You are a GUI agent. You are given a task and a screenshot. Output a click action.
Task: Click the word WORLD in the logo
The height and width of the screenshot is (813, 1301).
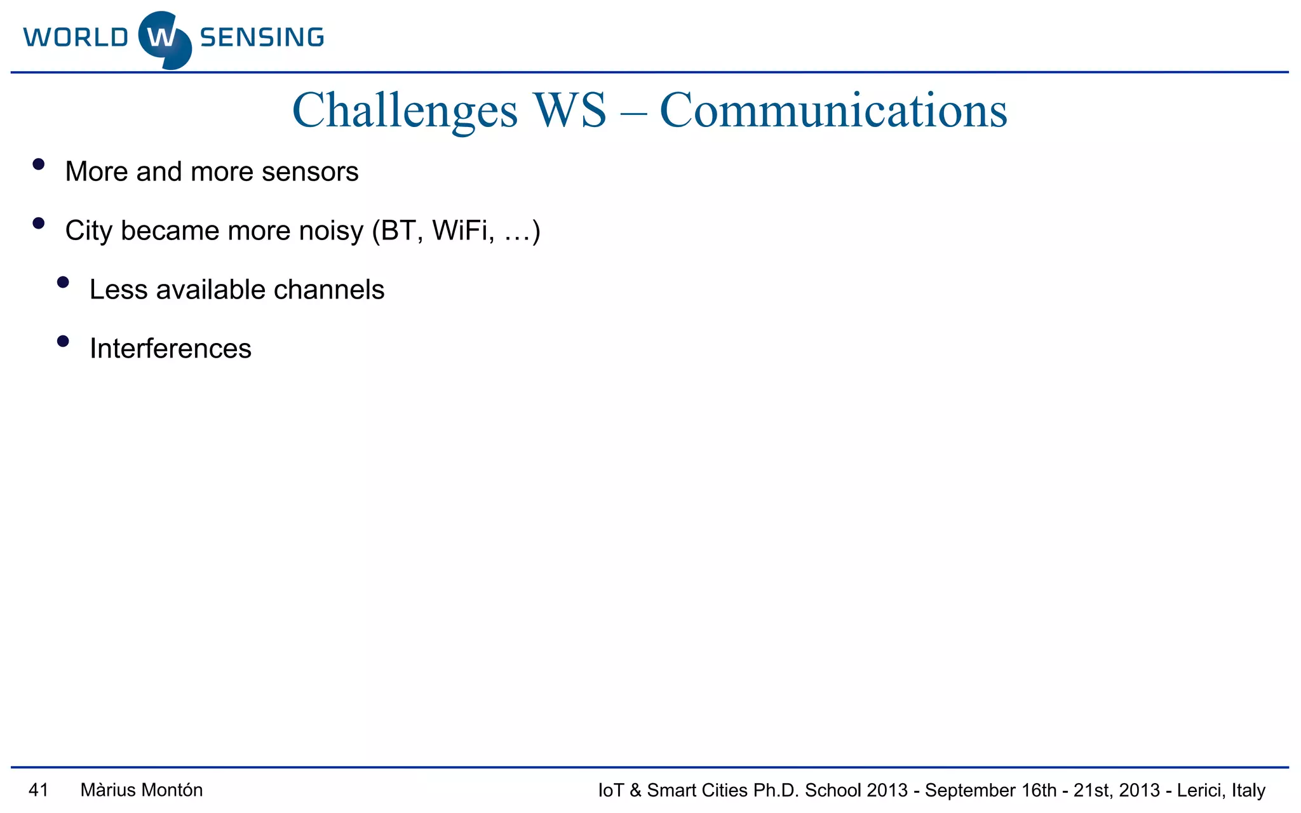[x=76, y=37]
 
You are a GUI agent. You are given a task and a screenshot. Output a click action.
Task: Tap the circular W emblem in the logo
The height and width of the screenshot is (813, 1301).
[x=164, y=39]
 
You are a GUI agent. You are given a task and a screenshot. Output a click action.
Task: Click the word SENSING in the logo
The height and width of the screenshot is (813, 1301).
[x=262, y=37]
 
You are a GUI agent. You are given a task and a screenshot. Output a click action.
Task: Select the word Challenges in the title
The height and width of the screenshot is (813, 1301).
[x=405, y=111]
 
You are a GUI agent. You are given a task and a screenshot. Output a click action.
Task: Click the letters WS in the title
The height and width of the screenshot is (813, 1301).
[x=570, y=111]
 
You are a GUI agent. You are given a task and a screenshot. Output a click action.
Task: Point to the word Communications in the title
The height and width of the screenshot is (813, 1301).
[x=833, y=111]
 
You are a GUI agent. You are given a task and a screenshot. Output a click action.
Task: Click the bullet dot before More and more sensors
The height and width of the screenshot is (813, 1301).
[x=39, y=165]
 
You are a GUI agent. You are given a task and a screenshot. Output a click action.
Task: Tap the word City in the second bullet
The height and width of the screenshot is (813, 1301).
[x=88, y=231]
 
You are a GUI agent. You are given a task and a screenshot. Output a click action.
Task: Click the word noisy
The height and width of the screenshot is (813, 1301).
[x=331, y=231]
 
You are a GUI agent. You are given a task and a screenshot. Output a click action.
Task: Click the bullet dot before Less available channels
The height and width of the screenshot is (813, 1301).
[x=63, y=283]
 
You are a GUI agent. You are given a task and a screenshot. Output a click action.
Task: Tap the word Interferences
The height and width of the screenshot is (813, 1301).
[x=170, y=349]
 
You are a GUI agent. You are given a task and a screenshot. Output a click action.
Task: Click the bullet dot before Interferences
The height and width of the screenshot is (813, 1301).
[x=63, y=342]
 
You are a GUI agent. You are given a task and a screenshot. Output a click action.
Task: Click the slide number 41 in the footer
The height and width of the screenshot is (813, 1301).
[x=39, y=790]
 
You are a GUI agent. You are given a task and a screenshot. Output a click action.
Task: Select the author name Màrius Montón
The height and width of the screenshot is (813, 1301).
[x=142, y=790]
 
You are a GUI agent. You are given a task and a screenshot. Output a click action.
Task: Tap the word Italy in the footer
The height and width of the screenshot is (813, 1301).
[x=1248, y=791]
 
